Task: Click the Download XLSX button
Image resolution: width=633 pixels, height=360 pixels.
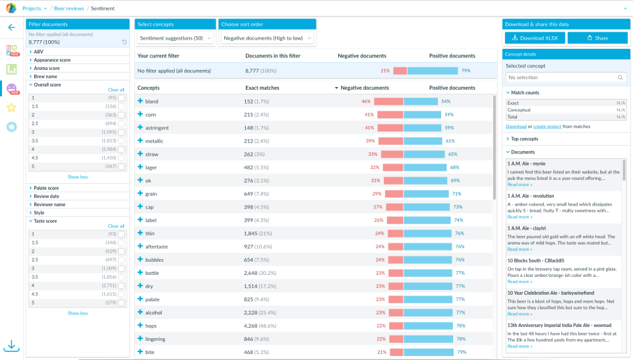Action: pos(534,38)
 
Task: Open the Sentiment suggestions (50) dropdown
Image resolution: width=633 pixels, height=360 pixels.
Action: pos(175,38)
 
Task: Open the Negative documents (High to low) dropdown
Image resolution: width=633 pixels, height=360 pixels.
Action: pos(266,38)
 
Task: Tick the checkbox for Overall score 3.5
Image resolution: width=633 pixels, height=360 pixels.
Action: pos(121,140)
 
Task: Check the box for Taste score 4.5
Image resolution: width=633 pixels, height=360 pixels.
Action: pos(121,294)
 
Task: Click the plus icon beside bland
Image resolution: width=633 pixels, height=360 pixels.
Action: pos(140,102)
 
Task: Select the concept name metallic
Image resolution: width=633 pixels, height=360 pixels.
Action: pos(154,141)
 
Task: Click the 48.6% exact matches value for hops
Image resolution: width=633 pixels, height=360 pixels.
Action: pos(266,326)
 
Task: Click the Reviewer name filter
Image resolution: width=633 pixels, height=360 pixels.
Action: pos(49,204)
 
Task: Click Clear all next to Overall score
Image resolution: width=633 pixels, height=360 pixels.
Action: pos(116,90)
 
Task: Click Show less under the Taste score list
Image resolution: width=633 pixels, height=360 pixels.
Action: pos(78,313)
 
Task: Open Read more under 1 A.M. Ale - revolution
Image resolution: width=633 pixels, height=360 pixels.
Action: pos(520,217)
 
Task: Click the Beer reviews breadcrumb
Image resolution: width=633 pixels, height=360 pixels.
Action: pos(69,8)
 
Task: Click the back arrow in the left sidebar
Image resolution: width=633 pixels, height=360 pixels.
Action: pos(11,28)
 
